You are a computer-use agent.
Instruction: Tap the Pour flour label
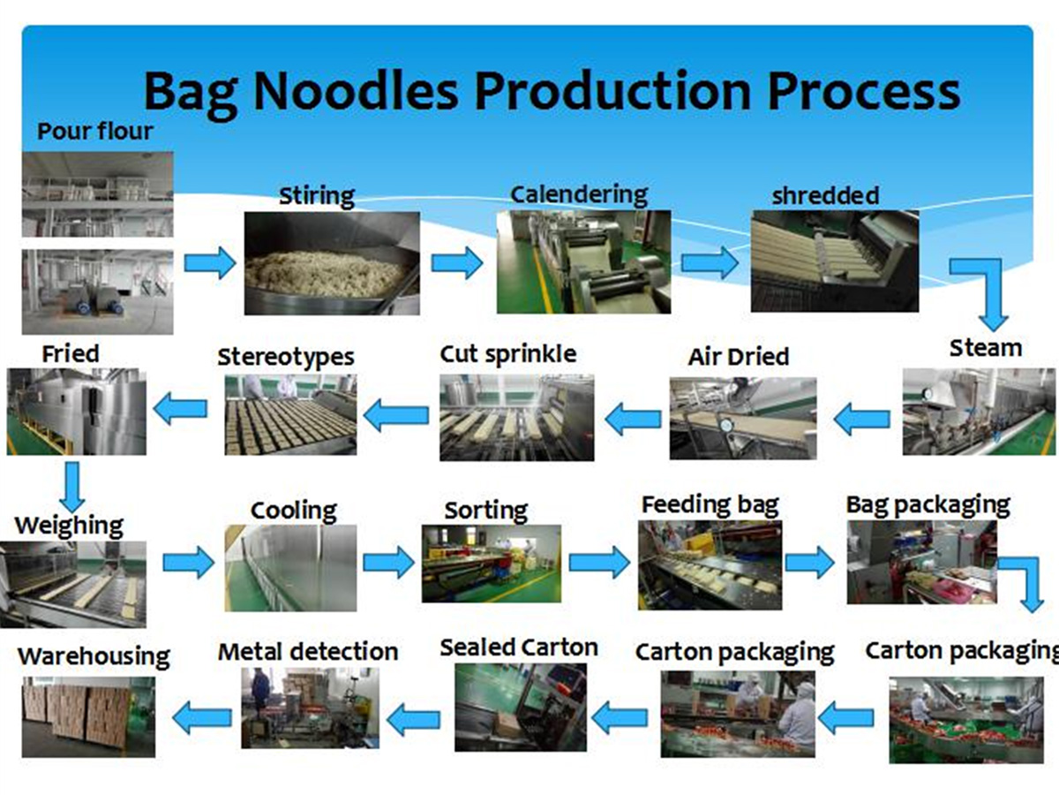pos(95,131)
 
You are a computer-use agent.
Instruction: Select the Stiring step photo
pos(332,263)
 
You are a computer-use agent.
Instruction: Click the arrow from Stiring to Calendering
pos(457,263)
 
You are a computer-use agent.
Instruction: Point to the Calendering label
pos(578,194)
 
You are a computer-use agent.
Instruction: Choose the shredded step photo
pos(835,261)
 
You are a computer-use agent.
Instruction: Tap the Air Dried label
pos(738,357)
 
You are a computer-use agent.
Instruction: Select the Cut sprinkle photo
pos(517,418)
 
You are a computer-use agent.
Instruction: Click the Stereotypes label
pos(286,358)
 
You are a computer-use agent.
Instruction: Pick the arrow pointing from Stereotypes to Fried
pos(180,408)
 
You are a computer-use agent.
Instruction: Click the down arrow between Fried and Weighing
pos(72,487)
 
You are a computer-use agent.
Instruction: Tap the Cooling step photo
pos(290,568)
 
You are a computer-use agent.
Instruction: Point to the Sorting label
pos(486,511)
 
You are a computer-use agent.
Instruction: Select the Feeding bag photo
pos(710,564)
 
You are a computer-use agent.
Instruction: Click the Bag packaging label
pos(928,505)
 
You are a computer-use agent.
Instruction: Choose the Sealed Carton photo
pos(521,708)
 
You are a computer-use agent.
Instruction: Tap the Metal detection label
pos(308,652)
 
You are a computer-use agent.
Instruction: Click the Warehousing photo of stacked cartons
pos(88,716)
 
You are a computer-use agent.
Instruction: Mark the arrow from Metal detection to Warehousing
pos(202,718)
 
